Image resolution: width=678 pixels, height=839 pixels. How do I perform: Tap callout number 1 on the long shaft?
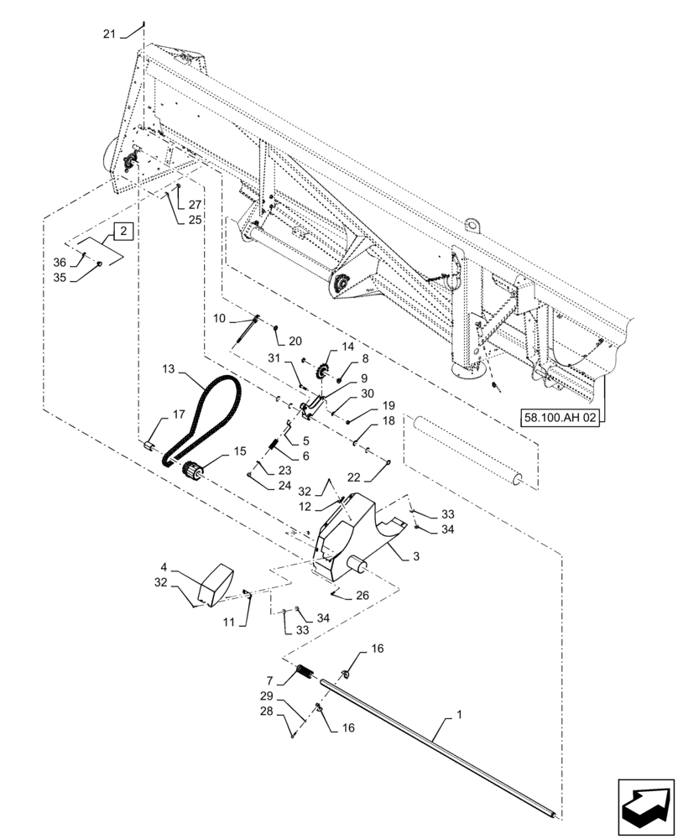tap(458, 717)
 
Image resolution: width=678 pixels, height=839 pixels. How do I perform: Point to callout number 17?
tap(178, 414)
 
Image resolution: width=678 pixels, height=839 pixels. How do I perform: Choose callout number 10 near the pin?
tap(219, 318)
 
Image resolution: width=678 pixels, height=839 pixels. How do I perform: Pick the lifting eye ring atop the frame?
tap(473, 225)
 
